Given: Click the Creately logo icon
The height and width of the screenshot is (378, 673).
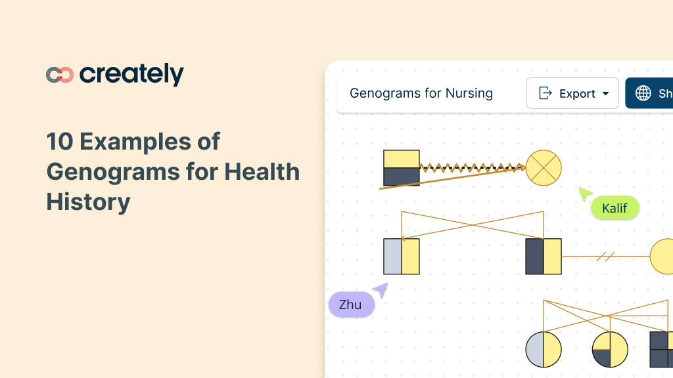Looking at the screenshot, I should [x=60, y=75].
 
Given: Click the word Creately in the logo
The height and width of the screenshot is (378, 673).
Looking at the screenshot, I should [x=131, y=75].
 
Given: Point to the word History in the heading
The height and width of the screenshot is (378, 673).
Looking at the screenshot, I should [x=88, y=202].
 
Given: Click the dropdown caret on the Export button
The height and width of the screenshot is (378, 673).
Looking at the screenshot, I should [x=605, y=94].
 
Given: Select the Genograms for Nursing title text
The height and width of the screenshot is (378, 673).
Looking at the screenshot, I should [x=421, y=93].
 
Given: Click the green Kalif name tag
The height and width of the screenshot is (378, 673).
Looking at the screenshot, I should [x=615, y=209].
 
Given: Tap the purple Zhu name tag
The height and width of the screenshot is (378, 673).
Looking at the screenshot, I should [x=350, y=304].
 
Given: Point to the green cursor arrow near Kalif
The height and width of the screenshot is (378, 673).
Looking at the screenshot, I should [x=584, y=194].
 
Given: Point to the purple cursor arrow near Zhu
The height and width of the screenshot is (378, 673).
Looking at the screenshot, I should [x=381, y=289].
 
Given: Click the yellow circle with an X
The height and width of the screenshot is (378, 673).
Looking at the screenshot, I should [x=544, y=168].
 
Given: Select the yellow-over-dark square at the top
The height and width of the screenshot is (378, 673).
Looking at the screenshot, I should [x=402, y=168].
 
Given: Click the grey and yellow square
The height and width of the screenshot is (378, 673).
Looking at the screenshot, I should [x=402, y=257].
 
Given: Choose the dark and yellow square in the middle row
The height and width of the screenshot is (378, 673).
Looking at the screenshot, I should [x=544, y=257].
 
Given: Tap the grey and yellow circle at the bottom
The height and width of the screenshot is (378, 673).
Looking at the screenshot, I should [x=544, y=349].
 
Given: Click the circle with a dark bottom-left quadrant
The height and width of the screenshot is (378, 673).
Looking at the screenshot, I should [x=610, y=349].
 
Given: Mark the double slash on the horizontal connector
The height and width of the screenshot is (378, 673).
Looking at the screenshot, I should [x=605, y=257].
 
